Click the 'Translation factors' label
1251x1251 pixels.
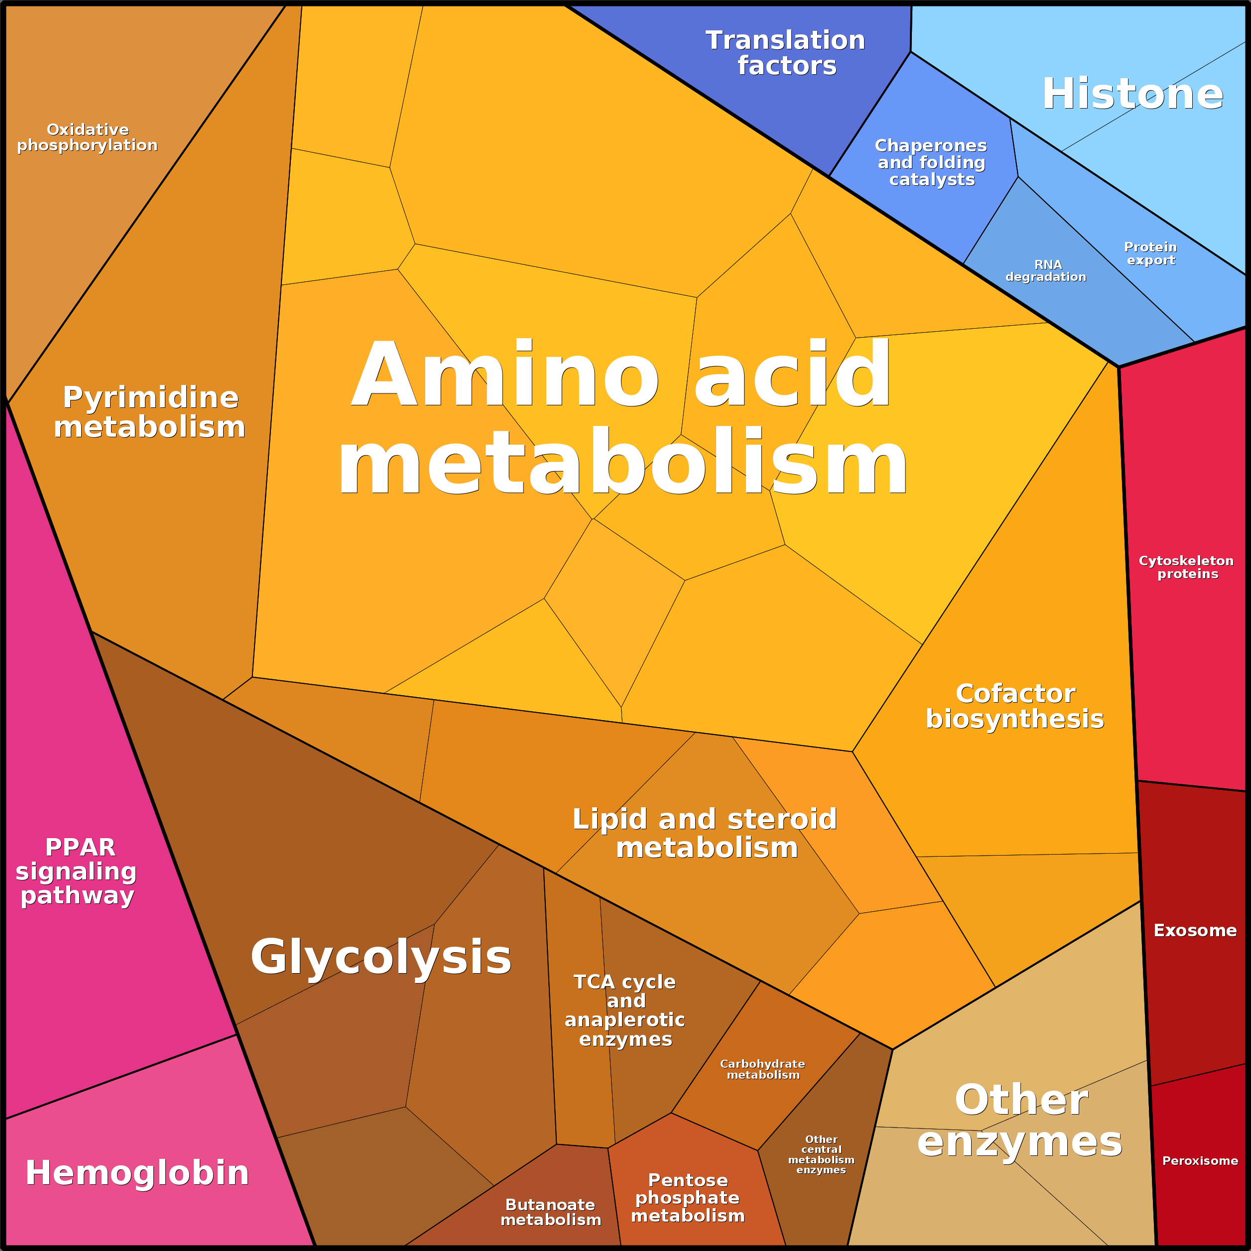[x=785, y=53]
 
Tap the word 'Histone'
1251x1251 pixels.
[x=1132, y=94]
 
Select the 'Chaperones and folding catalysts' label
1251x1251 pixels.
[x=931, y=162]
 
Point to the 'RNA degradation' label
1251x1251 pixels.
[x=1046, y=270]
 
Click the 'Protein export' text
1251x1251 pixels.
[x=1150, y=253]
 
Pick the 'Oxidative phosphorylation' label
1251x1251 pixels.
[x=88, y=137]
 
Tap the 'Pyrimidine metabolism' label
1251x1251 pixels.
[x=149, y=412]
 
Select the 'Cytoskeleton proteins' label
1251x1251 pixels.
[x=1186, y=567]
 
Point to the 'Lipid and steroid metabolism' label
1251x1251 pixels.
[x=705, y=833]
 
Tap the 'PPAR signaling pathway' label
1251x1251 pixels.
[x=76, y=872]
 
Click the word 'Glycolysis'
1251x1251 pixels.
[x=381, y=956]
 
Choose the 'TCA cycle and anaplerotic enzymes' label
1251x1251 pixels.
[x=625, y=1010]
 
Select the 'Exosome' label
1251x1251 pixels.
[x=1195, y=930]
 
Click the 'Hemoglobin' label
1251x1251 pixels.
[x=137, y=1173]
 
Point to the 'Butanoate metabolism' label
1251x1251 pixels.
[x=550, y=1212]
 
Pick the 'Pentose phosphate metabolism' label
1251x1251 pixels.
[x=688, y=1198]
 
